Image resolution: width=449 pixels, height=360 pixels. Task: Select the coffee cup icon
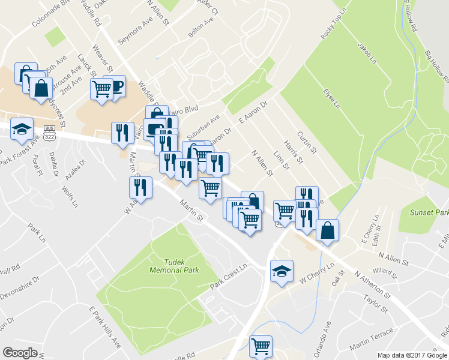coord(115,86)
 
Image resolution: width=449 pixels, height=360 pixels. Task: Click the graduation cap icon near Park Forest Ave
coord(22,130)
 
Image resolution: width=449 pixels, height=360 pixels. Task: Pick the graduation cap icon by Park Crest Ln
coord(282,271)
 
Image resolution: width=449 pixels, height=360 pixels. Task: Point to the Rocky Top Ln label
coord(334,25)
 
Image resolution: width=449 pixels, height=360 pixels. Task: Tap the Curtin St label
coord(308,143)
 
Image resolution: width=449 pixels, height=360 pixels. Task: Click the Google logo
coord(20,353)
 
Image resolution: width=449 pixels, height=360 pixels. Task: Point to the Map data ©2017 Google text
coord(412,355)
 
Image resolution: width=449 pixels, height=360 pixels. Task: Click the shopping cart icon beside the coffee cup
coord(101,89)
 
